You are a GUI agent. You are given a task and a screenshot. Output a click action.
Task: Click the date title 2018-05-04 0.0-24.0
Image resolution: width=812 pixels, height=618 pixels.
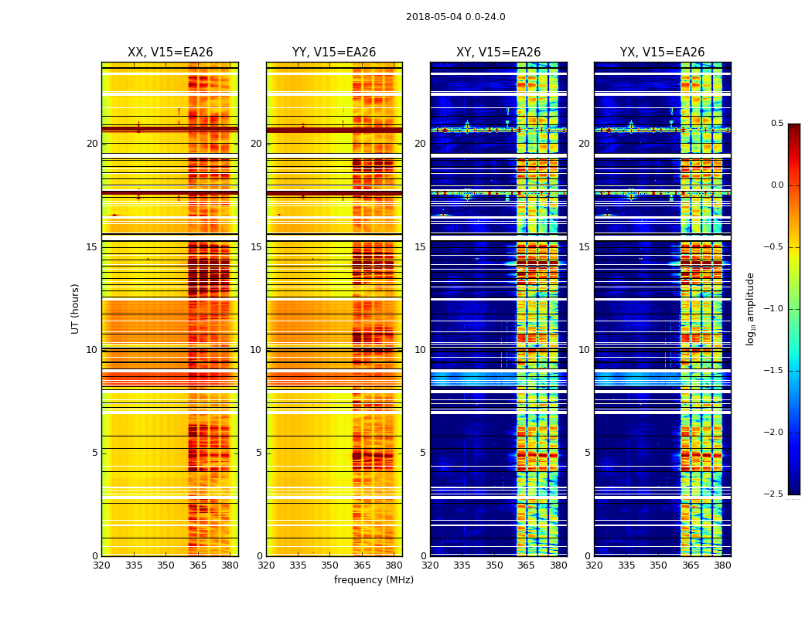click(x=455, y=17)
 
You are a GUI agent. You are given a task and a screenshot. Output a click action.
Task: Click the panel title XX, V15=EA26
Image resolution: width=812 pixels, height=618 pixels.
click(x=170, y=53)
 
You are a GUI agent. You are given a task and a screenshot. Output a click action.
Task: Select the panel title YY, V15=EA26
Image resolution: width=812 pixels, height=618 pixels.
click(x=334, y=53)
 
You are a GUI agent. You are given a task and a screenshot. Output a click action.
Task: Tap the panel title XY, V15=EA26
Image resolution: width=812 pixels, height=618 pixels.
click(x=498, y=53)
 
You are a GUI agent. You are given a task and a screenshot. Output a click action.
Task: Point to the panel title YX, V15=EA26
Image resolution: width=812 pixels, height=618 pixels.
click(x=662, y=53)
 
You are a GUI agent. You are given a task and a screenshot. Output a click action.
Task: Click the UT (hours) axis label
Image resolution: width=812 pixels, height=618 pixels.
click(x=76, y=308)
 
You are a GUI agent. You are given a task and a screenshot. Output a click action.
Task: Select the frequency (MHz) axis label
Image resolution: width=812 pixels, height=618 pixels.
click(x=374, y=580)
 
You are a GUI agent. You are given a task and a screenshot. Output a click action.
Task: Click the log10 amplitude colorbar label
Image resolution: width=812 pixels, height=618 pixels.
click(x=750, y=308)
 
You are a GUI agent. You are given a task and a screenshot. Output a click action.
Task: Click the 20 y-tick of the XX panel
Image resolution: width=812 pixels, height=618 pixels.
click(x=92, y=144)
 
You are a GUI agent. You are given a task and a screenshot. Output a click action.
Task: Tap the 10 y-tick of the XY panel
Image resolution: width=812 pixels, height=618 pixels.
click(x=421, y=350)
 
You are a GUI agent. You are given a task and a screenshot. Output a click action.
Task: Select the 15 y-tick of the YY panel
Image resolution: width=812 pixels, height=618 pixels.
click(x=257, y=247)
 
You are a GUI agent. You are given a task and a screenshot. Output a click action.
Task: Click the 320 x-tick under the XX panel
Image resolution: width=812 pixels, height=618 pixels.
click(x=102, y=566)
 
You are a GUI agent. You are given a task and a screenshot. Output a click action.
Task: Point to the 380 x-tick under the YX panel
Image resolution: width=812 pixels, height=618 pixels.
click(x=722, y=566)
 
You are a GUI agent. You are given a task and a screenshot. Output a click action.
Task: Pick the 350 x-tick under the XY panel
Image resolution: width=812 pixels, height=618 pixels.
click(x=494, y=566)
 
